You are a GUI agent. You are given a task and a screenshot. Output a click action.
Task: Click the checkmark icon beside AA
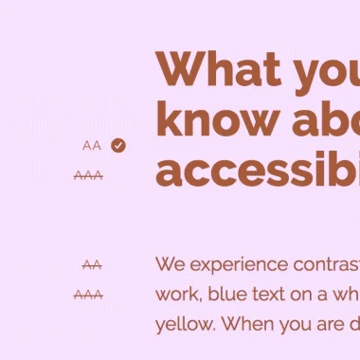coord(117,145)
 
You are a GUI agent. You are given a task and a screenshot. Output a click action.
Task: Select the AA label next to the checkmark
coord(91,146)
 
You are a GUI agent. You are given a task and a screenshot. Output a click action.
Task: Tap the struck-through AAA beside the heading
coord(88,175)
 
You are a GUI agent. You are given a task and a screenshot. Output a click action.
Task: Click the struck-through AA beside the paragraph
coord(91,265)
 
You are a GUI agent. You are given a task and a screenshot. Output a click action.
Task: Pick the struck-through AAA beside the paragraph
coord(88,295)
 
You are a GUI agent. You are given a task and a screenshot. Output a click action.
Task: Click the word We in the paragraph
coord(170,264)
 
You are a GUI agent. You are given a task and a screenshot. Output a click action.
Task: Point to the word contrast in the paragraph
coord(325,264)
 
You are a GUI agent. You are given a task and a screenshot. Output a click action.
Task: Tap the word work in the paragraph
coord(174,294)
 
